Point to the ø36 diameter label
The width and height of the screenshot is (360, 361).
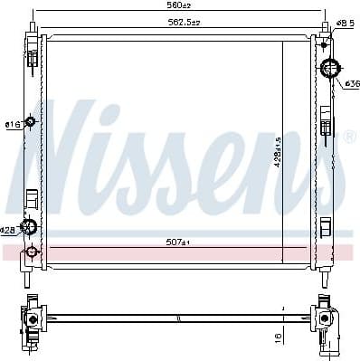pyautogui.click(x=351, y=83)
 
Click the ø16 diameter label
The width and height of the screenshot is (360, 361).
pyautogui.click(x=12, y=124)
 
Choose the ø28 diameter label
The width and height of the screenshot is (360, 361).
pyautogui.click(x=8, y=230)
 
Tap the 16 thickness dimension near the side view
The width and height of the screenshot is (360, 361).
pyautogui.click(x=278, y=336)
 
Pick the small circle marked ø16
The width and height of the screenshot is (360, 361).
pyautogui.click(x=31, y=121)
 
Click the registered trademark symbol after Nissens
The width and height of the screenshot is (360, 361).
pyautogui.click(x=348, y=137)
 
